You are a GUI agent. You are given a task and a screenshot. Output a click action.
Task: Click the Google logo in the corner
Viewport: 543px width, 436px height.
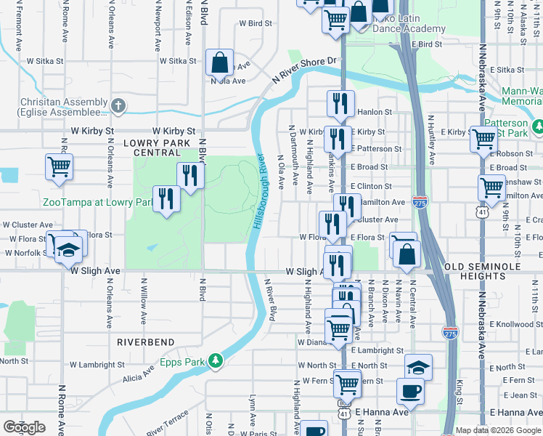tap(24, 427)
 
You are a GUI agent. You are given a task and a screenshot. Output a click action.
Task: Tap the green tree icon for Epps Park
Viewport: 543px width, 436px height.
tap(215, 360)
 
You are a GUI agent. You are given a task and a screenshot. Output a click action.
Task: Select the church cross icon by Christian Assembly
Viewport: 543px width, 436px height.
tap(119, 106)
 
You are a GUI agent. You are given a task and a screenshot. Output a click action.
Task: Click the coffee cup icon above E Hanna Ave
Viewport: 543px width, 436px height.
tap(409, 391)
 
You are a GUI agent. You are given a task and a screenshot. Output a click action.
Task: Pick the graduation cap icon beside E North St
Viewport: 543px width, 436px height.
tap(418, 366)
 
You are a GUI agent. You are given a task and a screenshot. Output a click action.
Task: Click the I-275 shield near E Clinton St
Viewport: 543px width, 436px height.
tap(420, 201)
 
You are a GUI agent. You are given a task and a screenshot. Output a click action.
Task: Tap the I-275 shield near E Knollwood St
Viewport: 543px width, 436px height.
tap(449, 331)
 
